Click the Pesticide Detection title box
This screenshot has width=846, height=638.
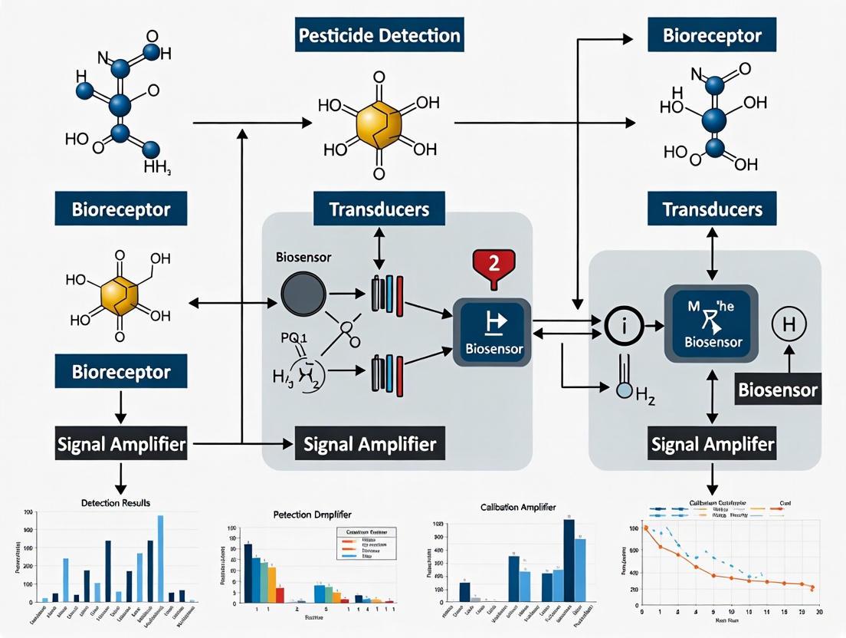coord(379,35)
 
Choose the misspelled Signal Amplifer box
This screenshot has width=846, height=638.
coord(712,444)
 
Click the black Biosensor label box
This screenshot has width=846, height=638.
coord(777,390)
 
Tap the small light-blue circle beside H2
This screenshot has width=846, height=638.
coord(625,391)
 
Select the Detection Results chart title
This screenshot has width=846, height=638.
coord(115,502)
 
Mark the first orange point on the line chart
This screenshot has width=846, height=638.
coord(645,528)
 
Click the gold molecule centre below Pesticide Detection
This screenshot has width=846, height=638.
coord(379,123)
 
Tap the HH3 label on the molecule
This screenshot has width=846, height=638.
coord(157,166)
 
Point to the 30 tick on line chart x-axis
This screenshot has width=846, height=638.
coord(818,613)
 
